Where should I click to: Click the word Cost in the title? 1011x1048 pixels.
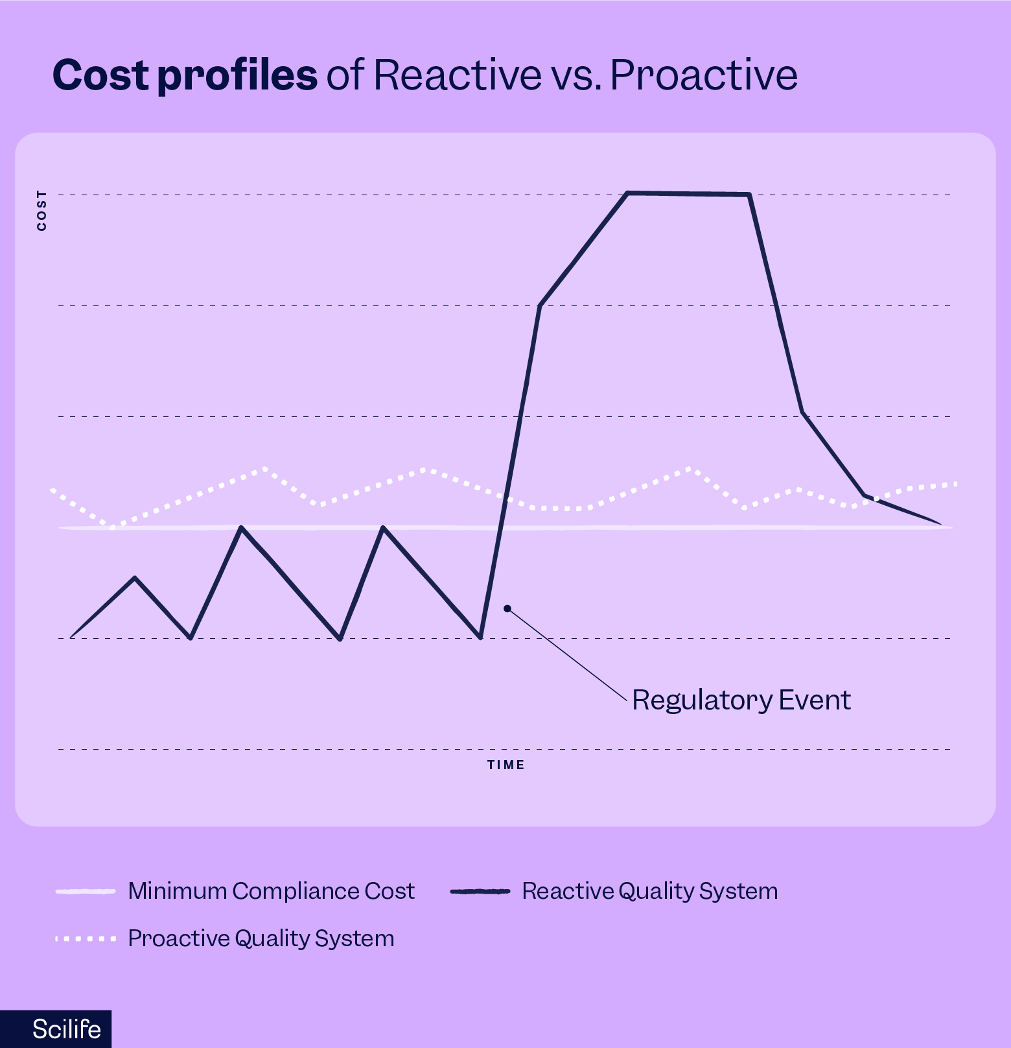click(x=101, y=75)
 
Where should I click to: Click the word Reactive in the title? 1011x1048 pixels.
click(x=457, y=75)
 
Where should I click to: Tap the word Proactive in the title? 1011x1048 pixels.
click(x=703, y=75)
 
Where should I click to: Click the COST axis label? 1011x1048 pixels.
click(x=41, y=210)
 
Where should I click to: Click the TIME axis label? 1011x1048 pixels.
click(x=505, y=765)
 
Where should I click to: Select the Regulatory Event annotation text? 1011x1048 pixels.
click(x=741, y=700)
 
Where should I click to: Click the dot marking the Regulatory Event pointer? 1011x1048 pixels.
click(x=507, y=608)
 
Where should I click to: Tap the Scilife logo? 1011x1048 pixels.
click(x=66, y=1029)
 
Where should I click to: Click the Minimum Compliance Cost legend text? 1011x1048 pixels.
click(x=271, y=891)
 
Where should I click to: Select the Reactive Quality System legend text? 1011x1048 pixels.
click(x=649, y=891)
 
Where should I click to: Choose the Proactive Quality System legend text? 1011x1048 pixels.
click(x=261, y=938)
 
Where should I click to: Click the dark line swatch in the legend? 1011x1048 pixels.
click(x=480, y=892)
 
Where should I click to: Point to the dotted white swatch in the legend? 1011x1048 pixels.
click(x=86, y=938)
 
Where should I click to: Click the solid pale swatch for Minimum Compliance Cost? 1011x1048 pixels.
click(x=86, y=892)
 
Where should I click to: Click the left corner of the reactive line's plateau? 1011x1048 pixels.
click(x=627, y=193)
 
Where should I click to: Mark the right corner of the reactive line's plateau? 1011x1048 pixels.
click(x=749, y=195)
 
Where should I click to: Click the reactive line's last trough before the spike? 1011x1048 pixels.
click(x=480, y=637)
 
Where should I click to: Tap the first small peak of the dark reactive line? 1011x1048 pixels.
click(x=135, y=577)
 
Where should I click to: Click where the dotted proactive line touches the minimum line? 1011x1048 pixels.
click(x=113, y=527)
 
